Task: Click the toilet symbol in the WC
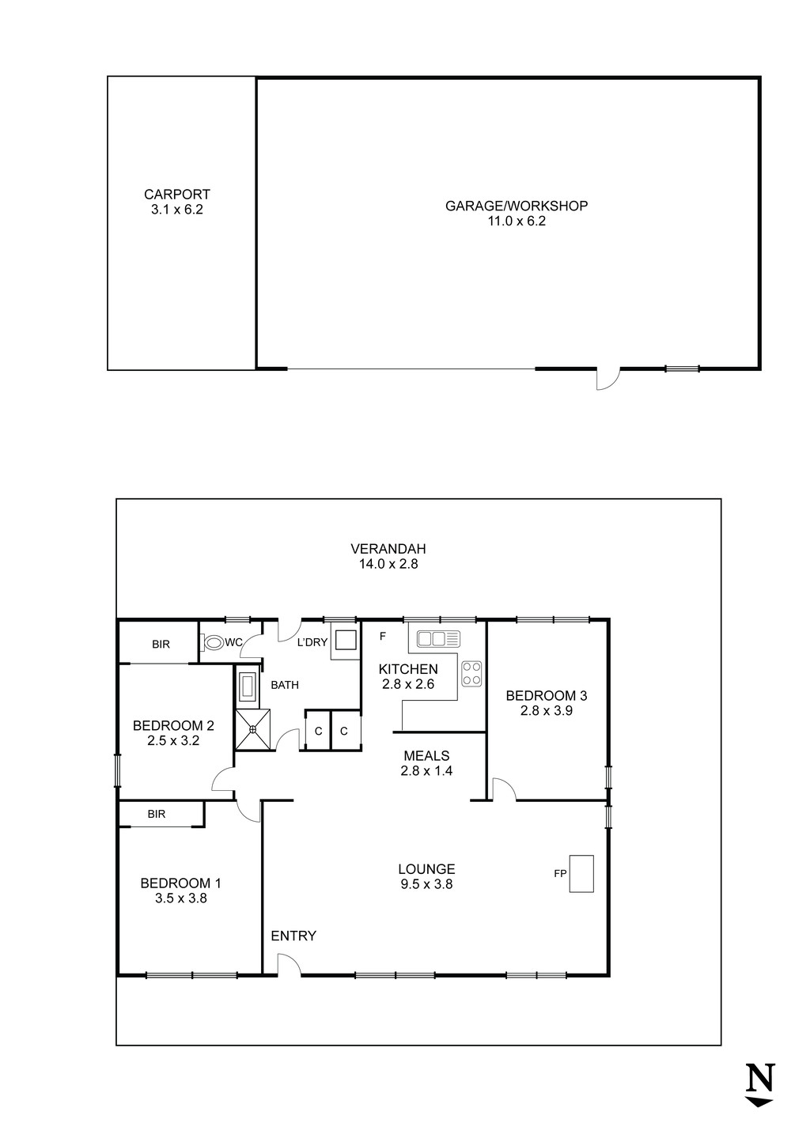coord(213,643)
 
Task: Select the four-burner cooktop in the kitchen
coord(471,673)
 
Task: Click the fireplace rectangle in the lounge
coord(581,873)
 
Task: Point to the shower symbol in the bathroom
coord(254,729)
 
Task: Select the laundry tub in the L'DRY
coord(344,640)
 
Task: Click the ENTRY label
coord(293,936)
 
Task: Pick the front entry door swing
coord(288,964)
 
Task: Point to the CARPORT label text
coord(177,194)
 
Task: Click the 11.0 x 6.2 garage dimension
coord(517,221)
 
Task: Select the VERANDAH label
coord(388,548)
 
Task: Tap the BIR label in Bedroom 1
coord(157,814)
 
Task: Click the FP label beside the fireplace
coord(559,874)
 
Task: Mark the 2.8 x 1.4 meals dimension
coord(426,770)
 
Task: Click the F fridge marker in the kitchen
coord(383,636)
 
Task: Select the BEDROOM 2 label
coord(173,725)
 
